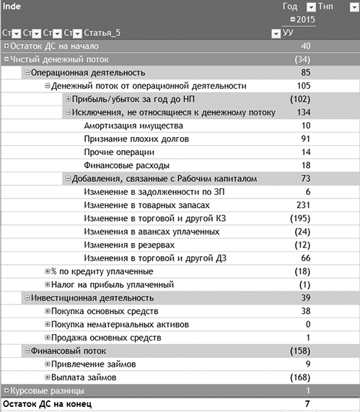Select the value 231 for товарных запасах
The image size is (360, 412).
click(302, 205)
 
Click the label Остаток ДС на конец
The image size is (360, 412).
click(48, 404)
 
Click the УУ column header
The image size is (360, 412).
click(289, 33)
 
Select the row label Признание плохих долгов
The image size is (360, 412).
click(136, 139)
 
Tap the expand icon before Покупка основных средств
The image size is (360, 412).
click(47, 311)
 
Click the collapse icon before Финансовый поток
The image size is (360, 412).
click(27, 351)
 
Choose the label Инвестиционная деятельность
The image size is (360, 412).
click(92, 298)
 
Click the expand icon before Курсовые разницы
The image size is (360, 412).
click(6, 390)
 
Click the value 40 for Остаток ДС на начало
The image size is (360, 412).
click(305, 46)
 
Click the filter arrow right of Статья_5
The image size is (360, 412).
click(275, 33)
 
